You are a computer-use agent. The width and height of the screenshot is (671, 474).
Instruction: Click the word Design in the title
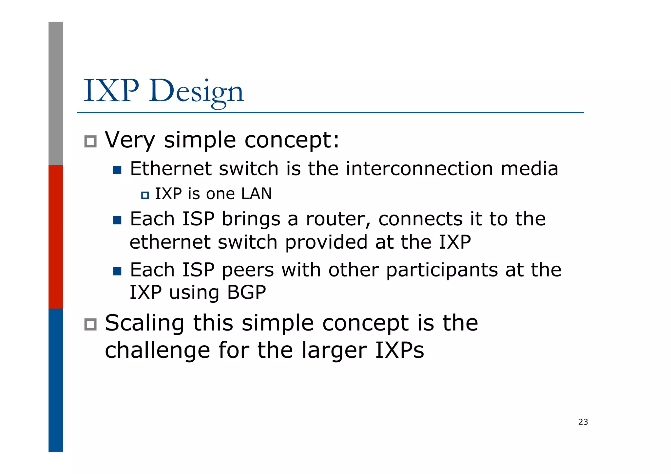pyautogui.click(x=196, y=92)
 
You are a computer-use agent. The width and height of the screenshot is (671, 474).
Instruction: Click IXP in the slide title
pyautogui.click(x=111, y=91)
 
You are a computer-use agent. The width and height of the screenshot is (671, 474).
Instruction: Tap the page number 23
pyautogui.click(x=583, y=422)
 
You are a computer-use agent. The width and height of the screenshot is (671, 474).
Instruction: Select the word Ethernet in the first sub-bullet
pyautogui.click(x=171, y=169)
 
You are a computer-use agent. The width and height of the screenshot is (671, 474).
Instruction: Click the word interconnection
pyautogui.click(x=419, y=169)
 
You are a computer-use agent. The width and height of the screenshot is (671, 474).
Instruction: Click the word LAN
pyautogui.click(x=256, y=194)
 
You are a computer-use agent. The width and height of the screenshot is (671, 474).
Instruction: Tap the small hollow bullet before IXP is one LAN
pyautogui.click(x=145, y=196)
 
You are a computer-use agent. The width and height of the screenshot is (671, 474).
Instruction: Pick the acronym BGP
pyautogui.click(x=246, y=292)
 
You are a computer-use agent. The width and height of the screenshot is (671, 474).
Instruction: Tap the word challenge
pyautogui.click(x=157, y=351)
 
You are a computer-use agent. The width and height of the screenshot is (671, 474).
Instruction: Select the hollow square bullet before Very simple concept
pyautogui.click(x=90, y=142)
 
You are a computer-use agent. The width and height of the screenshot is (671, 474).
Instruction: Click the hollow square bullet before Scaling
pyautogui.click(x=90, y=324)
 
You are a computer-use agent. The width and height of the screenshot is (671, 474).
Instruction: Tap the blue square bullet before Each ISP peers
pyautogui.click(x=117, y=271)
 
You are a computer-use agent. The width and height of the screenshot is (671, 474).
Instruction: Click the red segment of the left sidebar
pyautogui.click(x=56, y=237)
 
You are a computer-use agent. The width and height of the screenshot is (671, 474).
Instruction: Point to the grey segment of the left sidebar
pyautogui.click(x=56, y=93)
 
